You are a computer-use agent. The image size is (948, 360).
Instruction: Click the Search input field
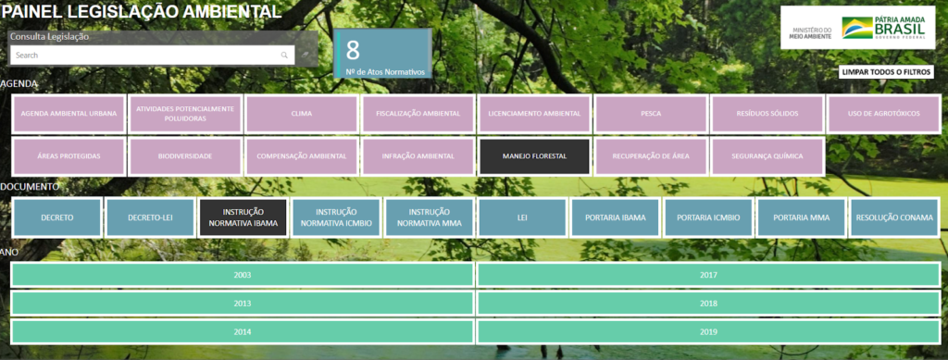point(148,56)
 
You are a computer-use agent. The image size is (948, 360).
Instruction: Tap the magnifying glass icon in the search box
point(284,56)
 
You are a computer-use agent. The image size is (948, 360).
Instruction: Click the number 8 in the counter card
point(353,50)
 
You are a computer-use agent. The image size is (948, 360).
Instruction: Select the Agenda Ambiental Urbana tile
point(69,113)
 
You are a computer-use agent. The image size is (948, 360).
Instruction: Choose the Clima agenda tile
point(301,113)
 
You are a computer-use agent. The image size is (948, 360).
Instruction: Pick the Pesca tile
point(650,113)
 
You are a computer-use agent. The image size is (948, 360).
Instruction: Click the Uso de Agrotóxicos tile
point(883,113)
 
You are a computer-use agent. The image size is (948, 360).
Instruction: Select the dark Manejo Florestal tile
point(534,155)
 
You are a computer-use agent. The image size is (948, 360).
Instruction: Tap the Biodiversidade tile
point(185,155)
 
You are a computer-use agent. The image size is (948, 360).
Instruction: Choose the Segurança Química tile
point(767,155)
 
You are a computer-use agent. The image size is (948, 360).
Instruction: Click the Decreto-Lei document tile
point(150,217)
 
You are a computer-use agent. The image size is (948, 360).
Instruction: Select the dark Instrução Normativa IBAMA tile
point(243,217)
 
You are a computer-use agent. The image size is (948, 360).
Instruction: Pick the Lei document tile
point(521,217)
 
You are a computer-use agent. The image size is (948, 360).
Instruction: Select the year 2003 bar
point(242,276)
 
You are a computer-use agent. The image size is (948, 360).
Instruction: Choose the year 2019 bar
point(708,331)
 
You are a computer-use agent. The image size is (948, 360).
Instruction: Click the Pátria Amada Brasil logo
point(885,29)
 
